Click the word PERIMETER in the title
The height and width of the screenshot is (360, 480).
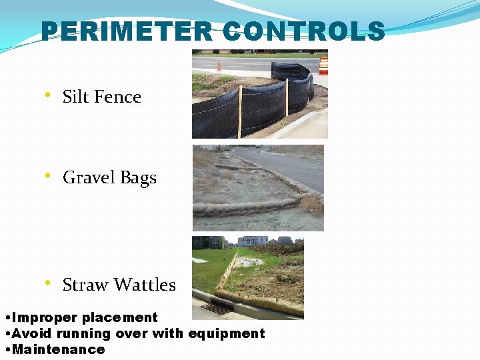[x=127, y=32]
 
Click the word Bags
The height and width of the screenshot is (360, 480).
[x=138, y=178]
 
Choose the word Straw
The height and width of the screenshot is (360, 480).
[x=83, y=285]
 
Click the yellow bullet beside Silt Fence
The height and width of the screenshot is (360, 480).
[x=48, y=95]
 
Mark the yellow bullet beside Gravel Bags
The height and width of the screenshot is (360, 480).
[x=48, y=176]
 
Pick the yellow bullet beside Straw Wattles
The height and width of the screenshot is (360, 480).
[x=48, y=283]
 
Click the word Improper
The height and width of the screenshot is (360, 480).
[x=45, y=318]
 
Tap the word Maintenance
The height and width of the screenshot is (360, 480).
[x=59, y=349]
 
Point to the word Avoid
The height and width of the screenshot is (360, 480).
[x=33, y=333]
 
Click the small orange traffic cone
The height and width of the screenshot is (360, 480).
[x=219, y=66]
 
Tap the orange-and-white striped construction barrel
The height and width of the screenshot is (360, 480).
[x=323, y=65]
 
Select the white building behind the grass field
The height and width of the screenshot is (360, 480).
[x=253, y=241]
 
